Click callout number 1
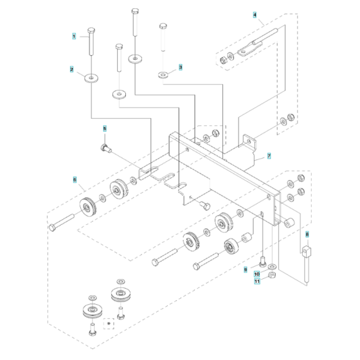click(x=74, y=37)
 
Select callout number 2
click(x=72, y=68)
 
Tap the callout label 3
click(x=181, y=67)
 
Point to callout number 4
click(x=255, y=14)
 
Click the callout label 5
click(x=105, y=129)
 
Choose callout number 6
click(x=75, y=180)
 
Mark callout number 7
click(x=269, y=156)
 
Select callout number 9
click(x=245, y=270)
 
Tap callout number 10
click(x=256, y=274)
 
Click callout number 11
click(x=256, y=282)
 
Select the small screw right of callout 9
click(x=263, y=261)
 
